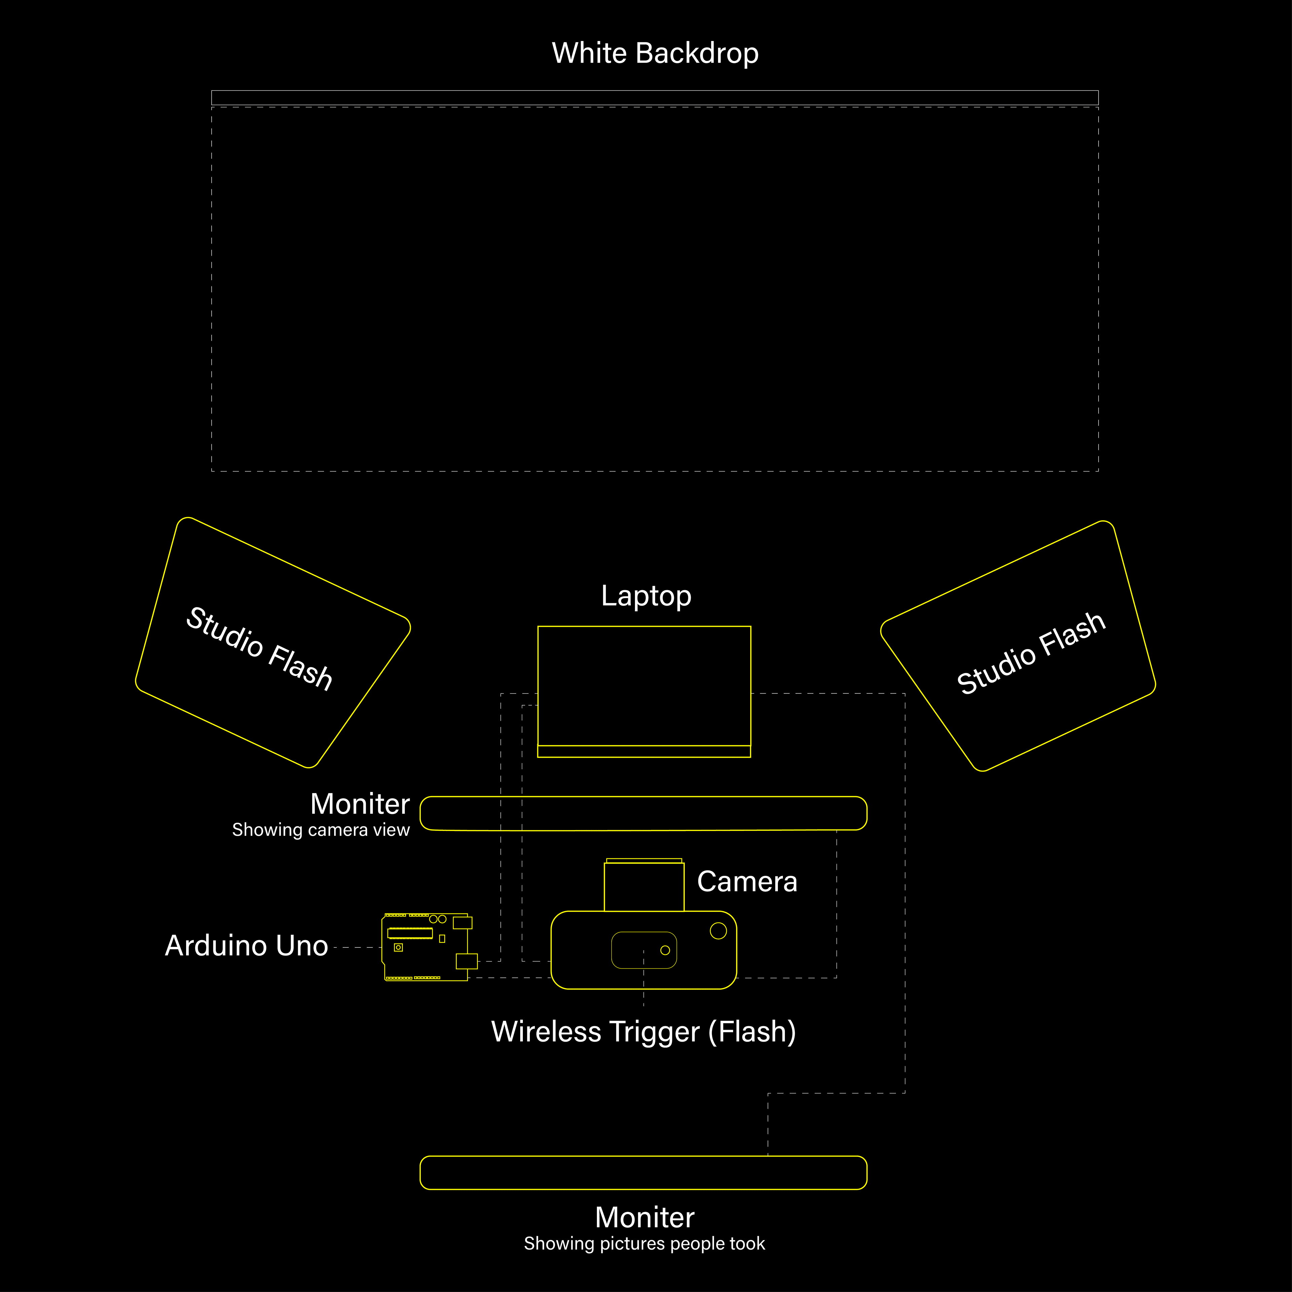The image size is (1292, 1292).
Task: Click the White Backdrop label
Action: pos(655,53)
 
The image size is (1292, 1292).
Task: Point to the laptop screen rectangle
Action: pos(644,685)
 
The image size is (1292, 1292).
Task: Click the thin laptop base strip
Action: pos(644,751)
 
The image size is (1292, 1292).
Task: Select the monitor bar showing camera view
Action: pos(643,813)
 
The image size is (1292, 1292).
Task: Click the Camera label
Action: pos(747,882)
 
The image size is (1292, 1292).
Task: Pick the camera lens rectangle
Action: pos(644,886)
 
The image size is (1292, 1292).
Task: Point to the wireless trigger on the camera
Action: pos(644,949)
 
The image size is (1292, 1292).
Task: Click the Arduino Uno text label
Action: pos(246,945)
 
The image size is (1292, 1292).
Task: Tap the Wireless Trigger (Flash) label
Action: pos(643,1031)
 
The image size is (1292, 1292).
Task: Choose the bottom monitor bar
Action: pos(643,1172)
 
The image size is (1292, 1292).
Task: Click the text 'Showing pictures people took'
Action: pos(644,1243)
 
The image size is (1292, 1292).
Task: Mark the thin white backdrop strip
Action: pos(655,98)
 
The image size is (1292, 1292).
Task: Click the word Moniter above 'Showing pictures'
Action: pos(645,1217)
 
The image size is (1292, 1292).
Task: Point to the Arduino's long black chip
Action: pos(410,933)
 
